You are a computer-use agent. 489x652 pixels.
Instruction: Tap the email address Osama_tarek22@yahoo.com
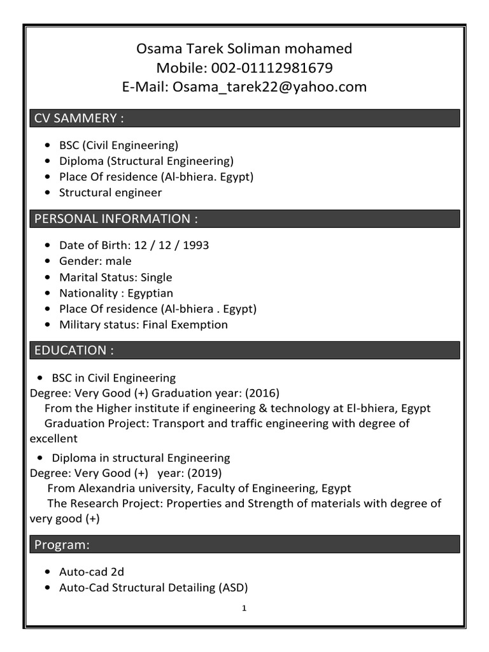click(x=270, y=87)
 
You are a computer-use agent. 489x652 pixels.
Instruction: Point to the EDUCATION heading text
click(x=74, y=350)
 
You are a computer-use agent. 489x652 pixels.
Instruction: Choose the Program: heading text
click(x=62, y=544)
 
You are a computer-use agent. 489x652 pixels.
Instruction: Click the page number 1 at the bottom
click(x=244, y=608)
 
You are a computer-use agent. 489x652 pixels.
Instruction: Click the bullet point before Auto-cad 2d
click(x=50, y=572)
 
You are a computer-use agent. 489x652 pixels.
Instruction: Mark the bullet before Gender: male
click(x=50, y=261)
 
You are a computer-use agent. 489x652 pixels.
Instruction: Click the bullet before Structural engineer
click(x=50, y=192)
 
